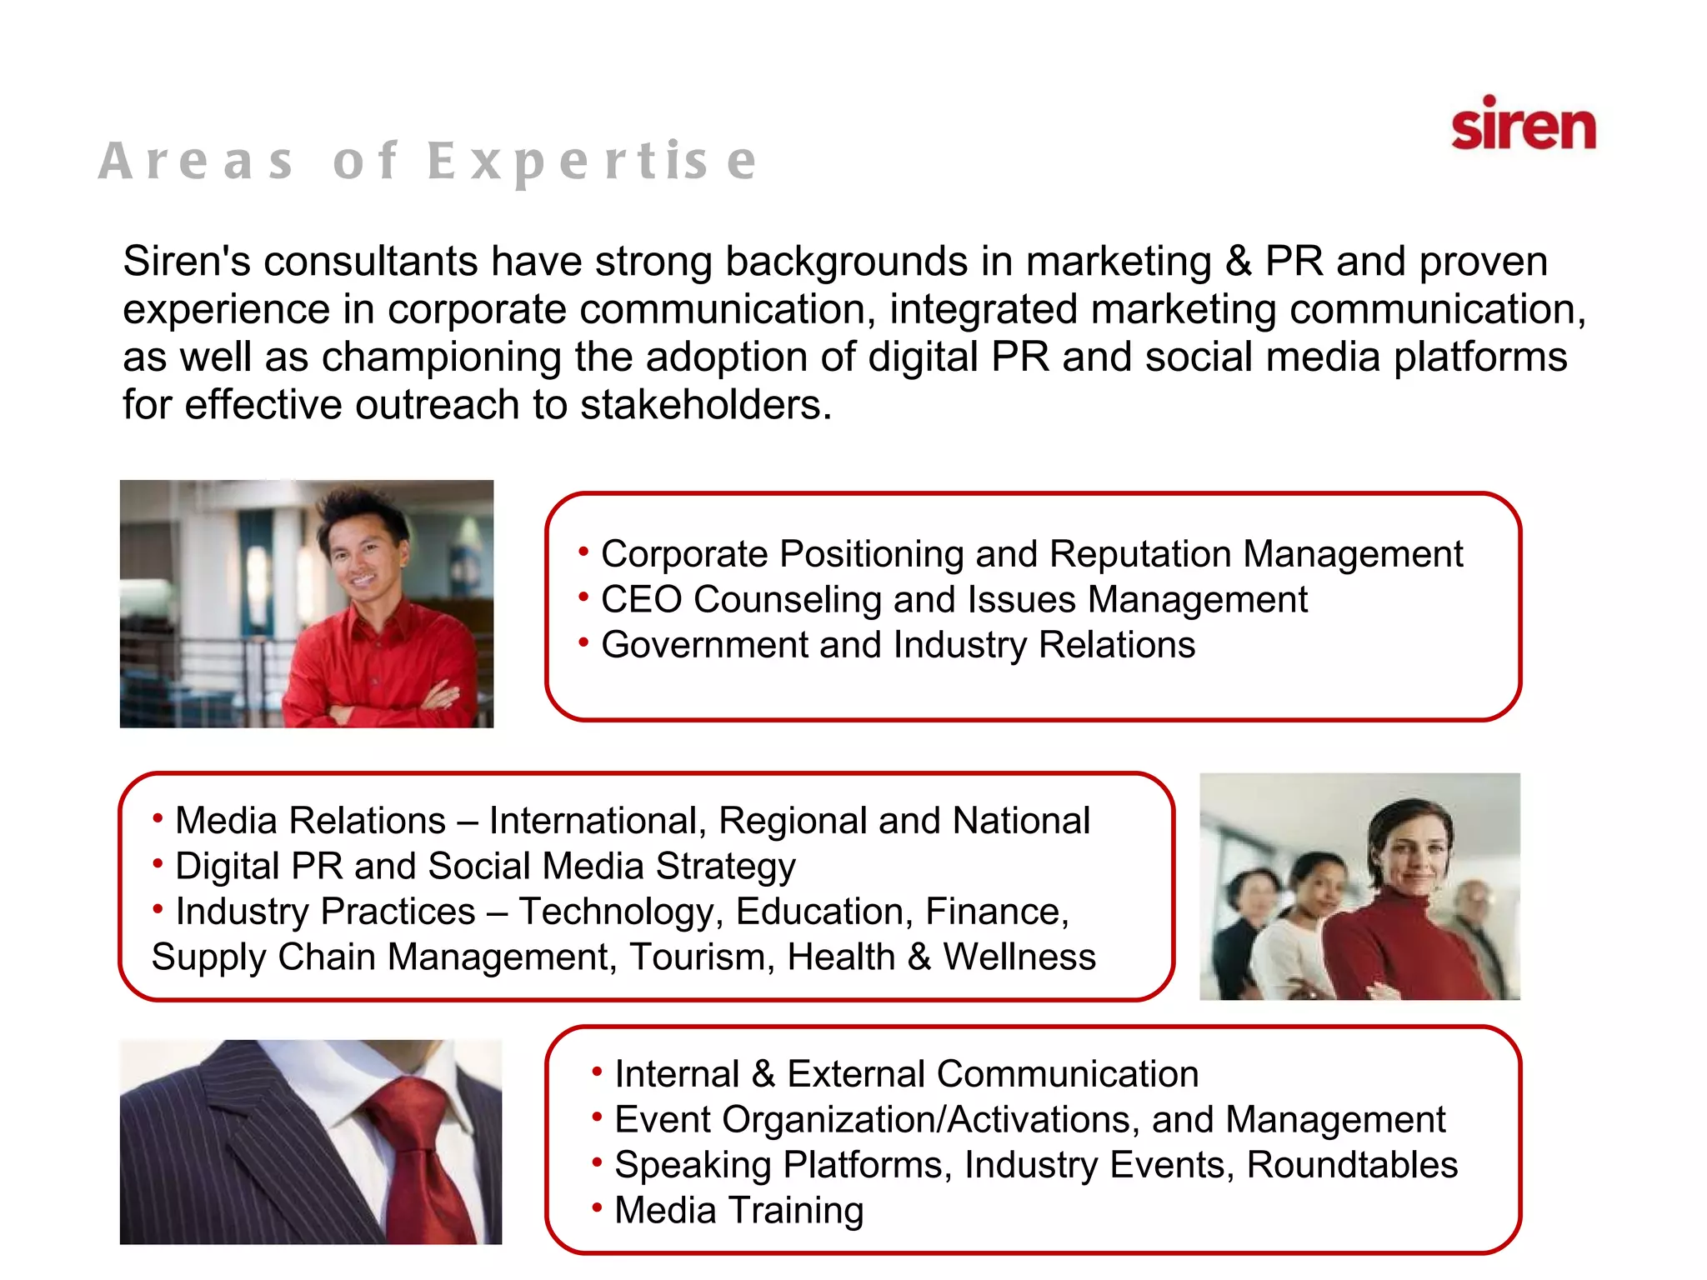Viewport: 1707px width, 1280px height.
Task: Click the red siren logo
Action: (1523, 125)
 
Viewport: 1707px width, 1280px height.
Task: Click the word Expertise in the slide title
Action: (593, 161)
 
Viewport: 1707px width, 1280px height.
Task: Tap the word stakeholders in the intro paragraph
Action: (704, 406)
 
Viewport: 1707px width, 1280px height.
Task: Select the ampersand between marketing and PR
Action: (1239, 262)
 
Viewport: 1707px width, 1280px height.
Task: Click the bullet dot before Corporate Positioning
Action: (583, 551)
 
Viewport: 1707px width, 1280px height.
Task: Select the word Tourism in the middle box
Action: (702, 957)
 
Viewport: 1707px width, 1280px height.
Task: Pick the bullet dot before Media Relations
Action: (158, 818)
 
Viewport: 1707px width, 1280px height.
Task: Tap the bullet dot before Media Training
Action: (597, 1207)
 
